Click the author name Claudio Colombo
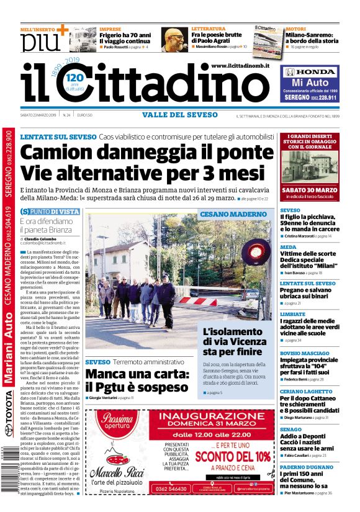coord(41,238)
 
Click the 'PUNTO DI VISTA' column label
coord(55,212)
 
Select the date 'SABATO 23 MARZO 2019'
coord(37,115)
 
